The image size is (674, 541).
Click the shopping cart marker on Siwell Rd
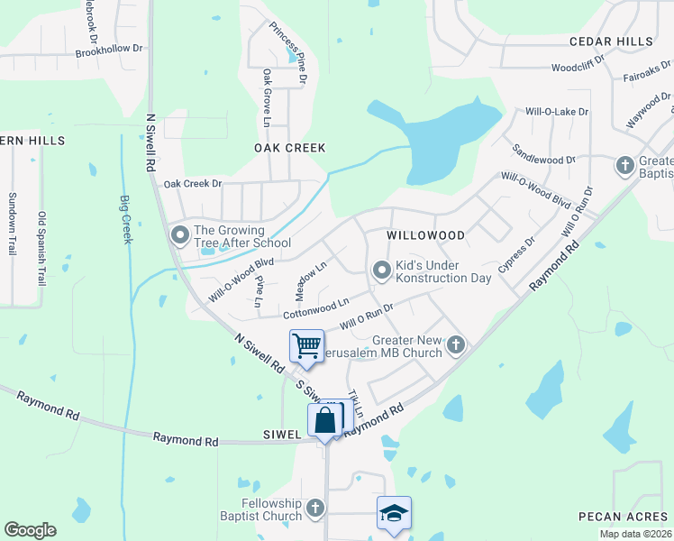pyautogui.click(x=307, y=345)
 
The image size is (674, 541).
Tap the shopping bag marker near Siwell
pyautogui.click(x=325, y=419)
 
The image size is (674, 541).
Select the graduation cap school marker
pyautogui.click(x=394, y=513)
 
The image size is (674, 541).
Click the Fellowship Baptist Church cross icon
pyautogui.click(x=315, y=509)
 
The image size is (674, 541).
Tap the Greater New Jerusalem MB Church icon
pyautogui.click(x=457, y=344)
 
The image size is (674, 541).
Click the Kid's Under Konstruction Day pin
pyautogui.click(x=382, y=270)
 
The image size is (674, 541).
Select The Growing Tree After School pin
pyautogui.click(x=180, y=235)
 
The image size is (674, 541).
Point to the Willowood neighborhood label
pyautogui.click(x=425, y=235)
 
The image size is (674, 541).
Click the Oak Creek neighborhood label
pyautogui.click(x=289, y=148)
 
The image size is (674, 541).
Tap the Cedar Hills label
pyautogui.click(x=610, y=42)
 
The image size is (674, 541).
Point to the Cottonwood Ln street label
pyautogui.click(x=315, y=308)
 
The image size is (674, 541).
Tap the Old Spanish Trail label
pyautogui.click(x=41, y=248)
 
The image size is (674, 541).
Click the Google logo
pyautogui.click(x=30, y=530)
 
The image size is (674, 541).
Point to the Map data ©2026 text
pyautogui.click(x=635, y=534)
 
